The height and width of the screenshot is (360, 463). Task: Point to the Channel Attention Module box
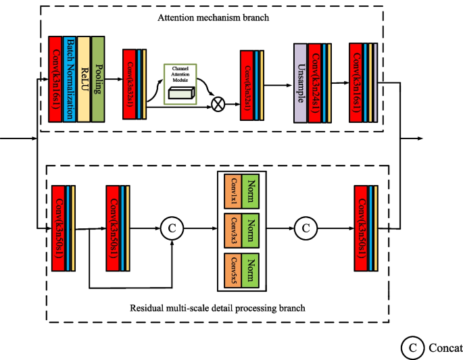(180, 84)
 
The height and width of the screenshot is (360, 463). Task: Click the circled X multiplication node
(218, 104)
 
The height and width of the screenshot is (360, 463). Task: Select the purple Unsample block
(301, 84)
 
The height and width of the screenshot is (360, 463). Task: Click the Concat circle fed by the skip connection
(172, 228)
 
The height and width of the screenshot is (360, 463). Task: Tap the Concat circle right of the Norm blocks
(306, 228)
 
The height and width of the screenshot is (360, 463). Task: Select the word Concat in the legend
(445, 348)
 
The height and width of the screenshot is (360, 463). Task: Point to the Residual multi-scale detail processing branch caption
(217, 308)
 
